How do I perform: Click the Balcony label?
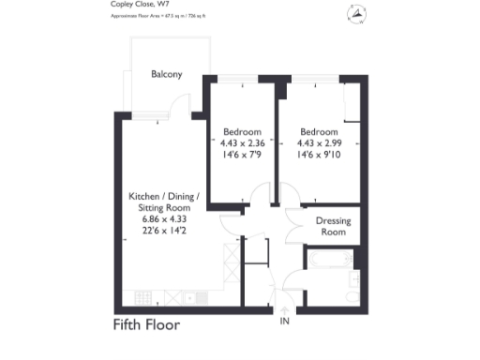(166, 74)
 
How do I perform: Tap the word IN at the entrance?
(284, 322)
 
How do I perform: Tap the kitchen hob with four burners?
(146, 297)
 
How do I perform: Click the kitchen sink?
(194, 297)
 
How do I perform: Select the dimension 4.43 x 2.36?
(242, 142)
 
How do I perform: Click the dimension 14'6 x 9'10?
(321, 155)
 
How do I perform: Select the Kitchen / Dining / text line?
(164, 197)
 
